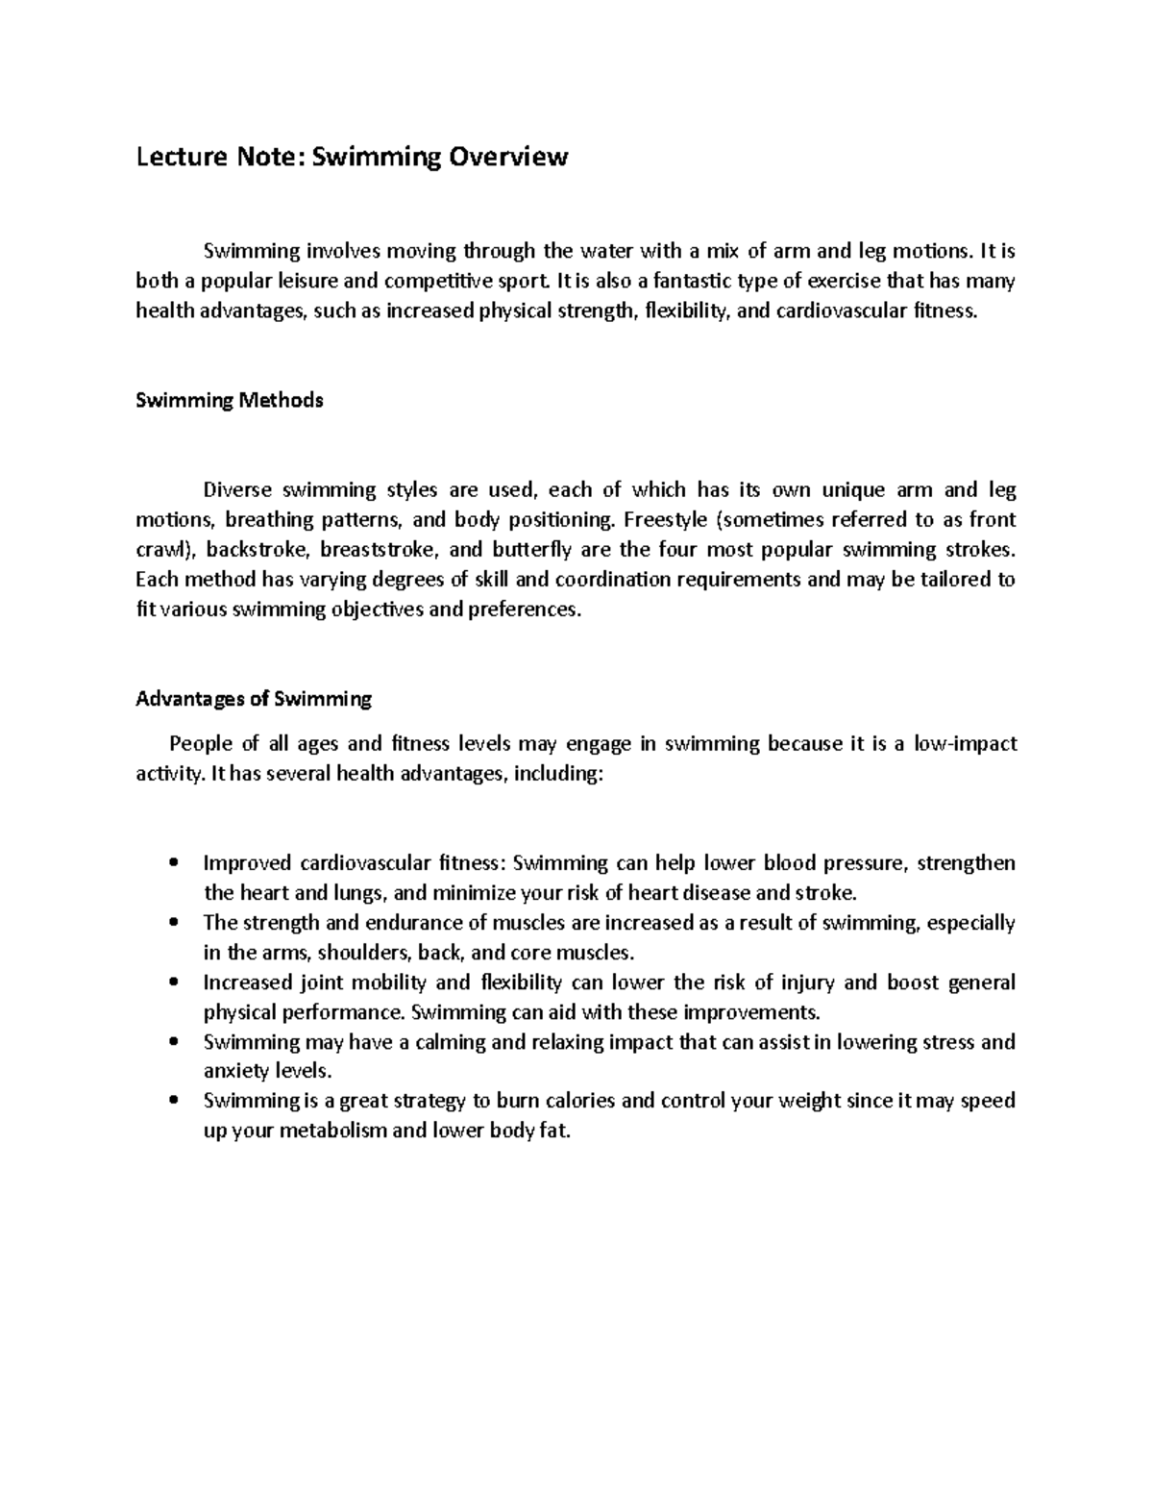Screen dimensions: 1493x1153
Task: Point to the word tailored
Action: (955, 580)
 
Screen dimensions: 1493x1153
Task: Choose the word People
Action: (199, 743)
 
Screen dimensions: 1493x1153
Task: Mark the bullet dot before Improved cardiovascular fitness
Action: (173, 863)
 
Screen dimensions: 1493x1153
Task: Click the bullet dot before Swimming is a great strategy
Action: (173, 1101)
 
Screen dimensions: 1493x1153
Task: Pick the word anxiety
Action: (237, 1071)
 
